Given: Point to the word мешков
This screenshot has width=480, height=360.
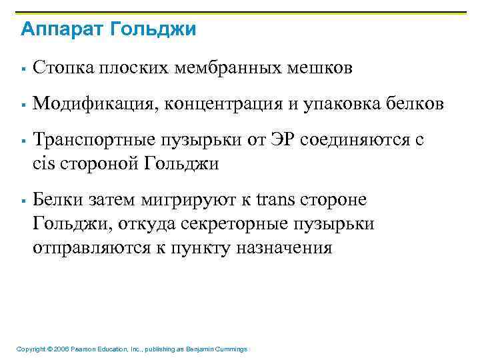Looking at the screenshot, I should [x=320, y=68].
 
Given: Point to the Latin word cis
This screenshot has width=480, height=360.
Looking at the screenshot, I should [x=43, y=163].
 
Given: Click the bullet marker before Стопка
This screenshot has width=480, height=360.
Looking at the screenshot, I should [x=23, y=69].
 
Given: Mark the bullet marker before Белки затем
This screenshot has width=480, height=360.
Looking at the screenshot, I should [x=23, y=201].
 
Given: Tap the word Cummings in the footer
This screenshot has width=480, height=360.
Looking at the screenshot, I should [x=231, y=349].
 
